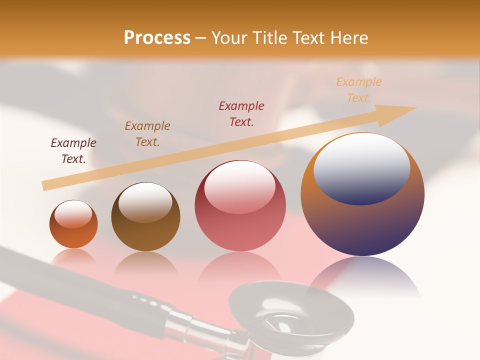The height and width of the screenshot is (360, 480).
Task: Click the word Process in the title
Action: (x=157, y=38)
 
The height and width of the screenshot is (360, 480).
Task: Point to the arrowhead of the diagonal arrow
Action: (x=400, y=113)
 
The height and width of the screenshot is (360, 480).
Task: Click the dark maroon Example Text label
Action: (x=73, y=151)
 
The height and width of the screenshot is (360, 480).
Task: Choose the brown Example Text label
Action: (x=147, y=134)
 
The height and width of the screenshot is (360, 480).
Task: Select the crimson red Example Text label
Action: (x=241, y=114)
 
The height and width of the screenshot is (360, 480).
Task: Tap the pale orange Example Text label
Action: (x=359, y=90)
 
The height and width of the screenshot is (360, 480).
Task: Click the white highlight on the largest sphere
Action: (x=361, y=167)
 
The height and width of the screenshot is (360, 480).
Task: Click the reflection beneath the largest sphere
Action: (x=362, y=275)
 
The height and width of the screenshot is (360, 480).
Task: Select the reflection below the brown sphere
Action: (x=145, y=262)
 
